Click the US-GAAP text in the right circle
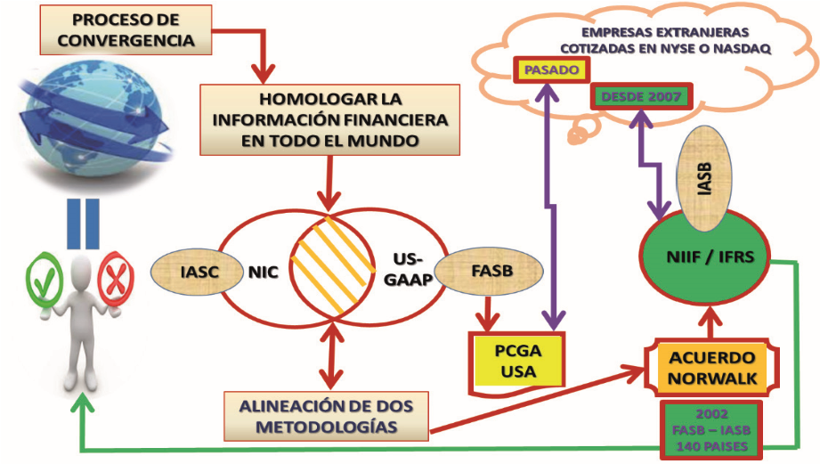coord(411,268)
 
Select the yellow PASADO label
coord(552,69)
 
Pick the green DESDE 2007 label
coord(639,95)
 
